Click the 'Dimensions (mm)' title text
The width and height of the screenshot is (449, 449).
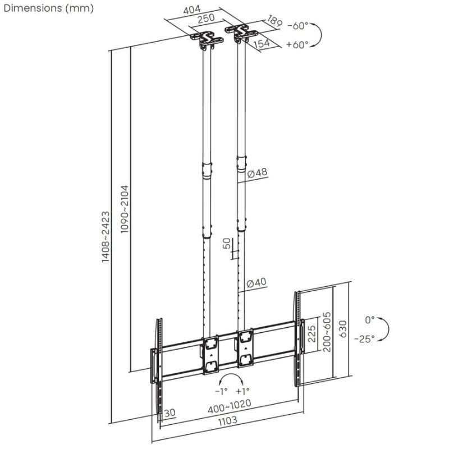pos(47,8)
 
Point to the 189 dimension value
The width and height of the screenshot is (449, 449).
pos(273,22)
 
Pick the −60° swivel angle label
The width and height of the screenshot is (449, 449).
pos(298,26)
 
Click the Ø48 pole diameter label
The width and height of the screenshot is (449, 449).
pos(258,173)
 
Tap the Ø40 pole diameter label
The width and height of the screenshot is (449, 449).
pos(257,282)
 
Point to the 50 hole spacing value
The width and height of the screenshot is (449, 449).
pos(227,244)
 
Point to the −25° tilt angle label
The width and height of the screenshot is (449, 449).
pos(364,338)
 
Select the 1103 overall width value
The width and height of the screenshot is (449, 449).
pos(227,420)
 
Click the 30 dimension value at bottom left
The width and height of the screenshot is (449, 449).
pos(170,413)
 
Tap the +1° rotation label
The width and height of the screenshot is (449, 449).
pos(242,391)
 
